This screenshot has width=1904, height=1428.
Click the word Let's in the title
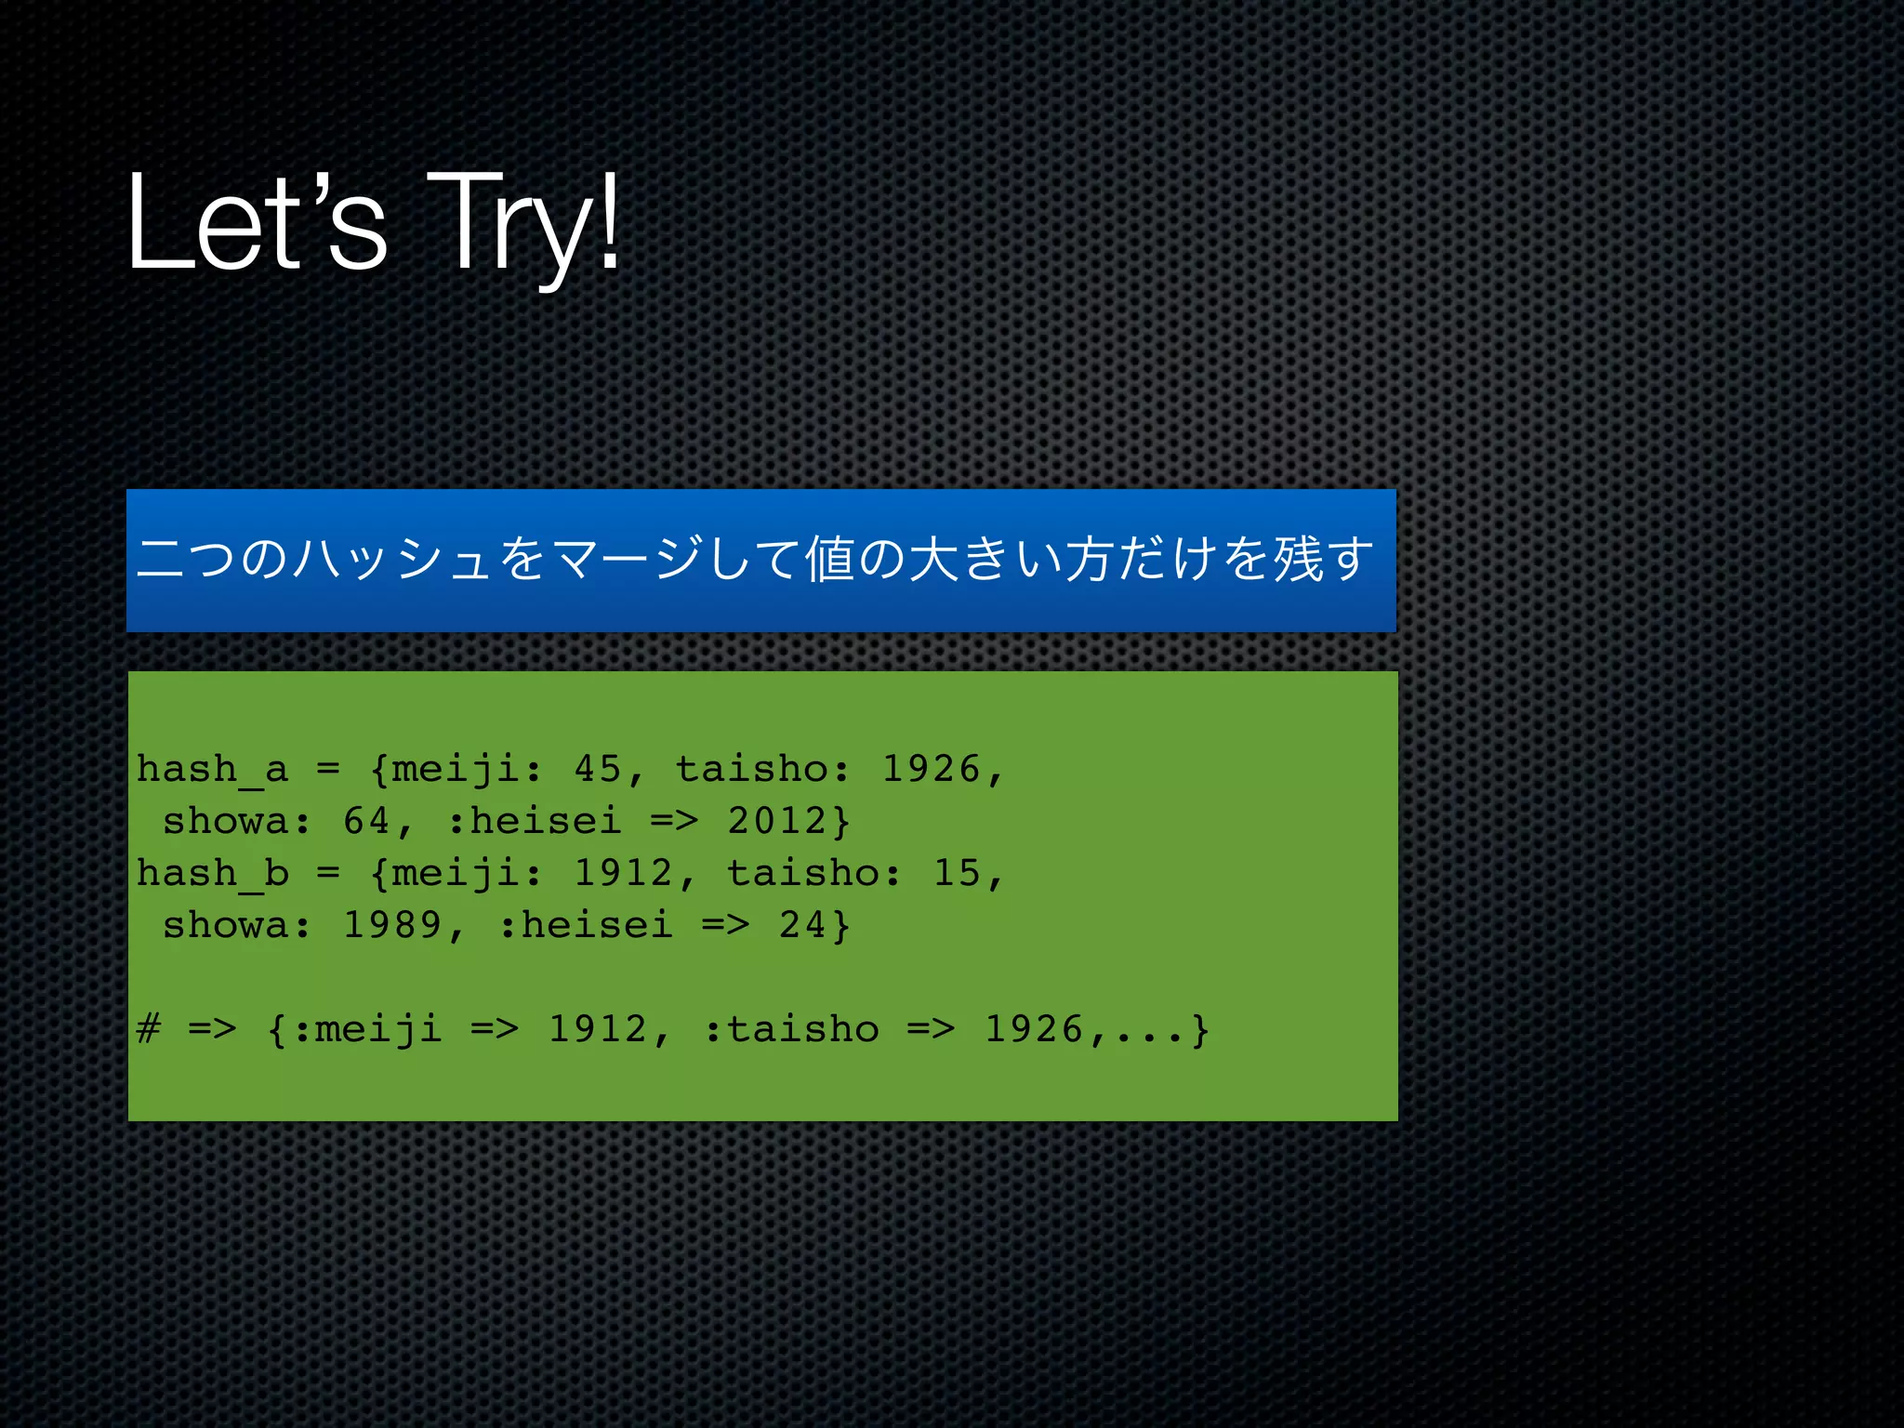point(256,223)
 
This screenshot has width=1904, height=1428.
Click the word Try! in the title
point(522,223)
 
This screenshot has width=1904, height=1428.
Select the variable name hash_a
point(212,770)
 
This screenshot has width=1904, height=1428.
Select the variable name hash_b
point(212,874)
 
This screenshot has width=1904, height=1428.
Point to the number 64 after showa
point(366,822)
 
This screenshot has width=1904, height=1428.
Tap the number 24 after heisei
point(802,926)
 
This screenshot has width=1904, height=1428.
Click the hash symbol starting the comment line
point(149,1030)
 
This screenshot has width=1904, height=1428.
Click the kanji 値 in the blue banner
point(830,560)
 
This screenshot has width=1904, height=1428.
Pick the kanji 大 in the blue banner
point(934,560)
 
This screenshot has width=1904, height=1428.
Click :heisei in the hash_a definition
point(534,822)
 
